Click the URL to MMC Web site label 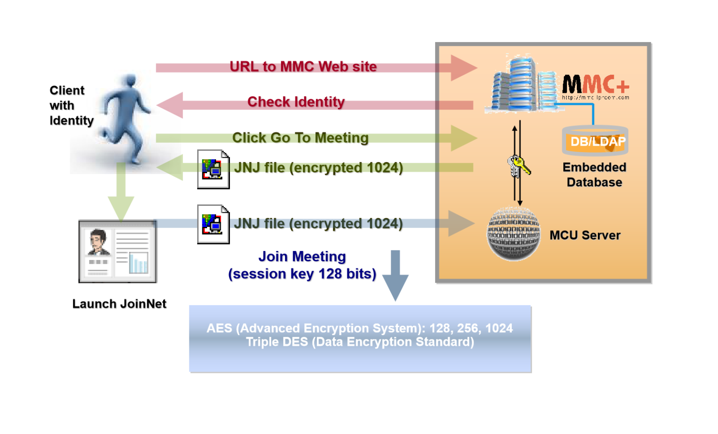pos(303,67)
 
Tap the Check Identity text pos(296,102)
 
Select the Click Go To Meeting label pos(300,138)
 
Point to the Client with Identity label pos(71,105)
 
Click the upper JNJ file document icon pos(213,169)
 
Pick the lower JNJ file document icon pos(213,224)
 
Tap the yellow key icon pos(519,166)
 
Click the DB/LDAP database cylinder pos(595,140)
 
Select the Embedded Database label pos(594,175)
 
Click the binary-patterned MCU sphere pos(513,234)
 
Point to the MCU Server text pos(585,235)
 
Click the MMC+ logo pos(595,86)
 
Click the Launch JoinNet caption pos(119,304)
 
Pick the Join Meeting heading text pos(302,257)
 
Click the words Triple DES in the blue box pos(277,342)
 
